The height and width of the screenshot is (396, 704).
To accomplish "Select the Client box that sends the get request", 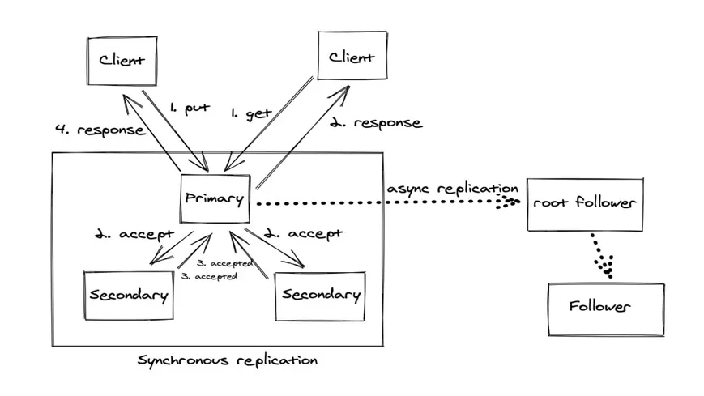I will (351, 56).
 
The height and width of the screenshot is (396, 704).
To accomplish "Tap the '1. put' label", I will (190, 108).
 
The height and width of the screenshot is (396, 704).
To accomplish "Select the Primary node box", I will (213, 198).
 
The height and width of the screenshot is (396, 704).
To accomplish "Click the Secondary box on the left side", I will (129, 296).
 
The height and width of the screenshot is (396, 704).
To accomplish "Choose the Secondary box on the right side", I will (320, 295).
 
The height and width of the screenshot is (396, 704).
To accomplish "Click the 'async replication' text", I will (452, 188).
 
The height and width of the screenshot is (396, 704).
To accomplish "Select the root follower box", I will (585, 202).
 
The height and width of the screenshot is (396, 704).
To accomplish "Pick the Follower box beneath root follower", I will (605, 308).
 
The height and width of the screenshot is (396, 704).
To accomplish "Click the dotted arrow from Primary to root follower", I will (381, 203).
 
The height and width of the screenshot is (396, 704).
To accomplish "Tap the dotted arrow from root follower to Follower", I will (600, 255).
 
